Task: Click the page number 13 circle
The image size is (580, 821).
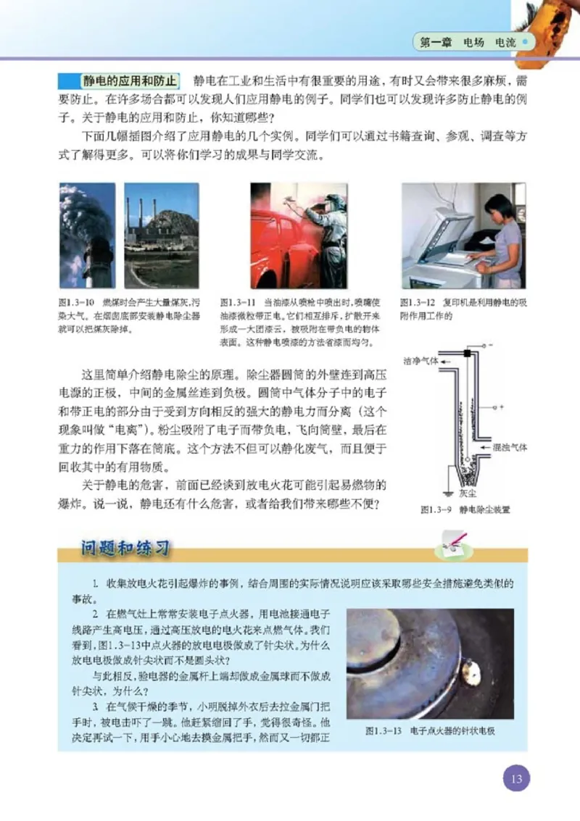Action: [515, 780]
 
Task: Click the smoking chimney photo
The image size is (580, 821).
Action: [86, 236]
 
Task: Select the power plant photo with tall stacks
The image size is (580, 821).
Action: [161, 236]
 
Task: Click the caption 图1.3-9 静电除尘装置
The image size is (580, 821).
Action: [465, 509]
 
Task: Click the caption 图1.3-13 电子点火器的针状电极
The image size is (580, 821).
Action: [430, 730]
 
